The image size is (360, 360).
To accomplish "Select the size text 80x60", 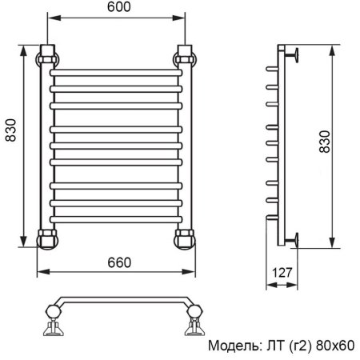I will tap(334, 346).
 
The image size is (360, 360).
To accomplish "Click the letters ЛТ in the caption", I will tap(273, 346).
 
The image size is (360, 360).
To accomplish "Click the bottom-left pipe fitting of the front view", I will tap(48, 238).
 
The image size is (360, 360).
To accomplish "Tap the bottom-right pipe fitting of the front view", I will tap(185, 238).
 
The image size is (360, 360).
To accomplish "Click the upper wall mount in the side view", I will tap(294, 55).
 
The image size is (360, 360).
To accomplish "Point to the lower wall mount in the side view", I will tap(294, 238).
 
